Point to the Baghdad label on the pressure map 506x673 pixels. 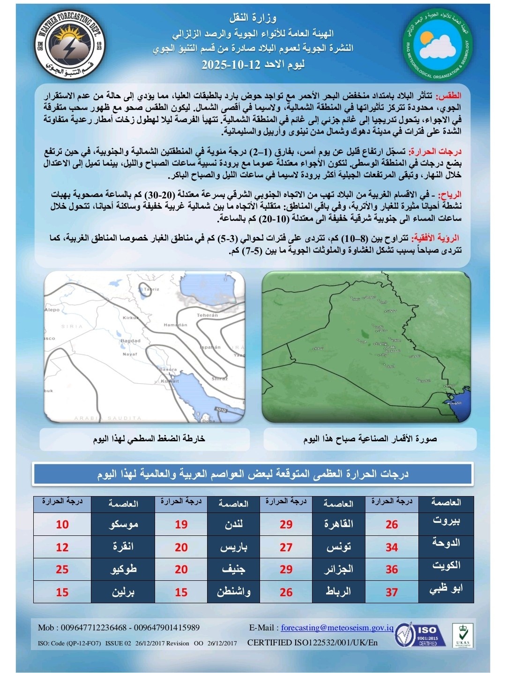[130, 341]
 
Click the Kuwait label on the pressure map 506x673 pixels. [170, 381]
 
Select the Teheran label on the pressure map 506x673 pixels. [207, 315]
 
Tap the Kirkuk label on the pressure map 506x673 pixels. [131, 318]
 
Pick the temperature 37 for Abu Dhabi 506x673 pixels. [392, 592]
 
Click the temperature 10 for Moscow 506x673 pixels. [62, 525]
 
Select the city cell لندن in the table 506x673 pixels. [233, 524]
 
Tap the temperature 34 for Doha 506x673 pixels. [392, 547]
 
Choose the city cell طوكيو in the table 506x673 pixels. [123, 569]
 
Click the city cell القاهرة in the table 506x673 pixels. [338, 524]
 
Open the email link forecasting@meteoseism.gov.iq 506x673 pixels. [337, 628]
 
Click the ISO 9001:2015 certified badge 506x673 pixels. [421, 635]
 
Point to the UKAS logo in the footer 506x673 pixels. [462, 635]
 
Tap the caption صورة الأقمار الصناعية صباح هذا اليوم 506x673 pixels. [370, 439]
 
